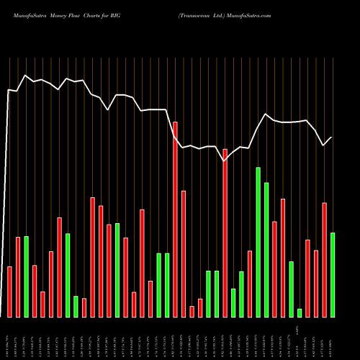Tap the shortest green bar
[x=300, y=312]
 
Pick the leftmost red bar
[x=10, y=292]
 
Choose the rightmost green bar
[x=333, y=274]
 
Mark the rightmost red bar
[x=324, y=259]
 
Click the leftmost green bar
[x=27, y=276]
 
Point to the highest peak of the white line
[x=26, y=75]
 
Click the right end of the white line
[x=332, y=137]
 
